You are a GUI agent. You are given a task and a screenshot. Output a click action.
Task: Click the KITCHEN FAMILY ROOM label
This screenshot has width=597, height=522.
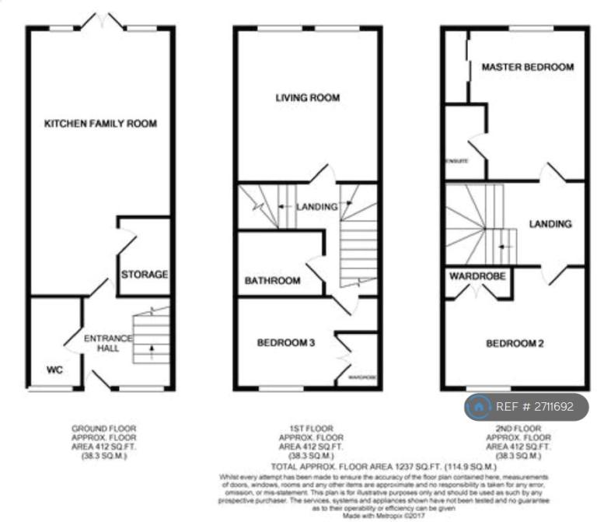pos(100,124)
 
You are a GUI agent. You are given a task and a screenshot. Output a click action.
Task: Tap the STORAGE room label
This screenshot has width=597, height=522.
pos(145,275)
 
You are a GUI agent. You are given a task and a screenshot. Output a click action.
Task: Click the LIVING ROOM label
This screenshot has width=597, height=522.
pos(308,98)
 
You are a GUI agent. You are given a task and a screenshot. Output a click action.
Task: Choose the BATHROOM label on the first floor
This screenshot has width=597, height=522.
pos(272,281)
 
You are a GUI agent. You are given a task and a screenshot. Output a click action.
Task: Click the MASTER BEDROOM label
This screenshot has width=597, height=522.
pos(528,68)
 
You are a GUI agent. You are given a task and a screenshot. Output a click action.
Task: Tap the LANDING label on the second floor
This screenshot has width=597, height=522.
pos(550,224)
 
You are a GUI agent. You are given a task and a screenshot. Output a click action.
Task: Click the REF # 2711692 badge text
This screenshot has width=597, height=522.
pos(538,406)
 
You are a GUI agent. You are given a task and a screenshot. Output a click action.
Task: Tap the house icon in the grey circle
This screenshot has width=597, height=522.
pos(480,406)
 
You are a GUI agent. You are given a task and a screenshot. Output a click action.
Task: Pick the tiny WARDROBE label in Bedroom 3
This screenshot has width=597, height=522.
pos(361,377)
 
